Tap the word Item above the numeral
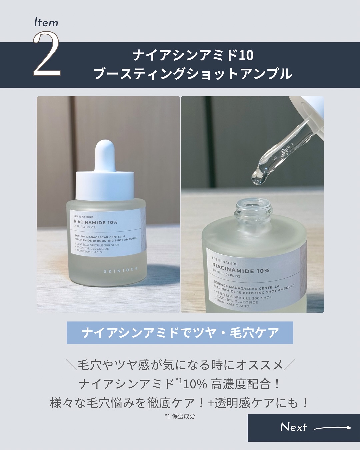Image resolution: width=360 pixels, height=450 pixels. [46, 23]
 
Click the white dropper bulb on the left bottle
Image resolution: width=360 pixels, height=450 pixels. [105, 157]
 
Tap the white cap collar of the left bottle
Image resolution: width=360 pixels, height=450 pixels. [105, 185]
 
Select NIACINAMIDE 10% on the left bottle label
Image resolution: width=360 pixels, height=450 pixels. [96, 222]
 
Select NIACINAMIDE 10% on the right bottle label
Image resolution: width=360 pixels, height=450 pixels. [241, 268]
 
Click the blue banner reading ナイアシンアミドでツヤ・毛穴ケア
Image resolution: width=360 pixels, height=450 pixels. [180, 332]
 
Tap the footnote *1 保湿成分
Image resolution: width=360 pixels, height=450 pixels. [180, 416]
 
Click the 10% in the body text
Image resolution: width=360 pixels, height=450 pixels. [195, 384]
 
